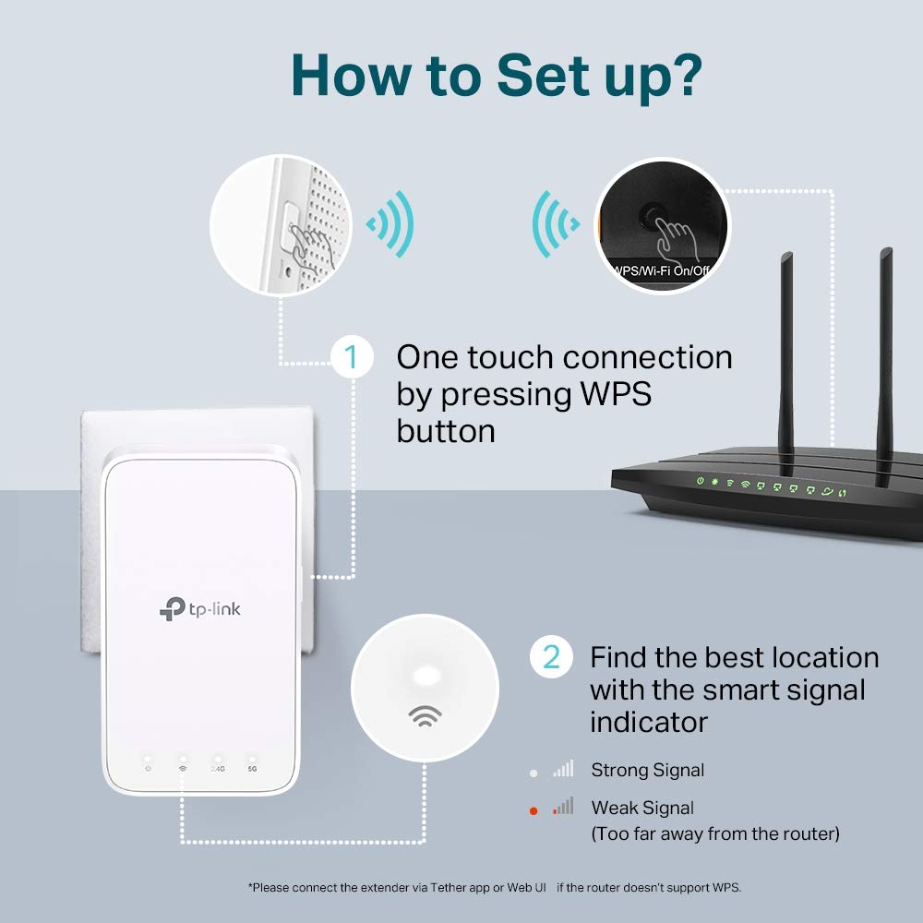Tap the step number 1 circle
(x=352, y=356)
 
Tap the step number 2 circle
(x=551, y=656)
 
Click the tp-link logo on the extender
(x=200, y=608)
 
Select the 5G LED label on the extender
(x=253, y=767)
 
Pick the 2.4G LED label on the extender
(x=218, y=767)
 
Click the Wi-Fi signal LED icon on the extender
(x=183, y=767)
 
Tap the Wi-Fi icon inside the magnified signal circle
(x=425, y=716)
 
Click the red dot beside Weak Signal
(x=533, y=810)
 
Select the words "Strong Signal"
(x=647, y=770)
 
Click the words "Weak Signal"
(x=642, y=808)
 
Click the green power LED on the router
(x=701, y=481)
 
